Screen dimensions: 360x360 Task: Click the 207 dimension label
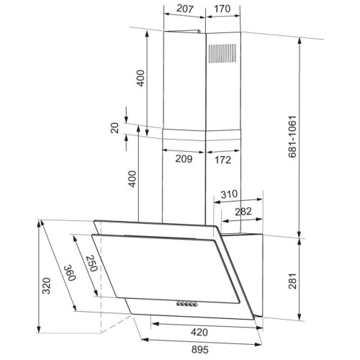coord(184,9)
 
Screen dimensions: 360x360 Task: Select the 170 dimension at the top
coord(222,9)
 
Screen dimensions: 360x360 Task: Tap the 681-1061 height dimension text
coord(292,137)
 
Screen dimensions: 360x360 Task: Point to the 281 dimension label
coord(293,281)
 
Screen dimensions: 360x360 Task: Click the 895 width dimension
coord(199,349)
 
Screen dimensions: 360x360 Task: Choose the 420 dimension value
coord(199,332)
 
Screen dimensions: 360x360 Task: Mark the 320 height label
coord(46,286)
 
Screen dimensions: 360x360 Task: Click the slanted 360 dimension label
coord(70,273)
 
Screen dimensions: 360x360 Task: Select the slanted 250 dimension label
coord(92,263)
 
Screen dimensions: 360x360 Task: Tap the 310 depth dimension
coord(229,194)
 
